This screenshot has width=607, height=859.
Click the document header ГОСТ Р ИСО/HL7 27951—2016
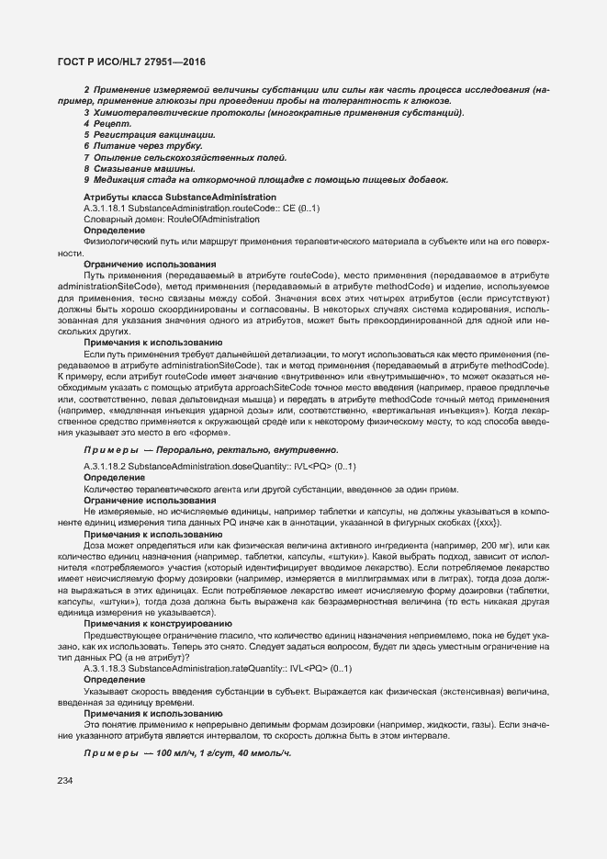[x=132, y=62]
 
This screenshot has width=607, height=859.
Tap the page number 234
[x=65, y=780]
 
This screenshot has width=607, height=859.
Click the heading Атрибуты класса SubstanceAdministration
[x=179, y=198]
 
